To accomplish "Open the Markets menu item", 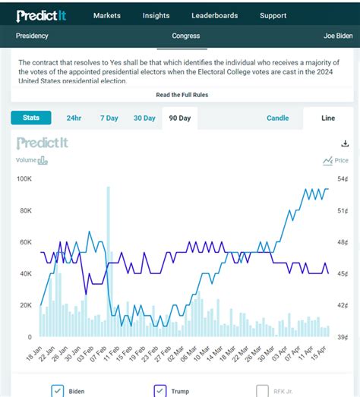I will point(107,15).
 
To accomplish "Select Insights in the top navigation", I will point(156,15).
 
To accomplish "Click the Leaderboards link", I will point(214,15).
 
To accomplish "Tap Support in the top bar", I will point(273,15).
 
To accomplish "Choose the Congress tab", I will point(185,36).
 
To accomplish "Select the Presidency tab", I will point(33,36).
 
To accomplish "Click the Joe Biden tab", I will point(339,36).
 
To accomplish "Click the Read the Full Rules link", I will point(182,95).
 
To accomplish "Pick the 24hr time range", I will point(74,118).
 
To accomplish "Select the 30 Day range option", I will point(144,118).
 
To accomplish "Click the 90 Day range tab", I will point(180,118).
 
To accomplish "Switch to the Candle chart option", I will point(278,118).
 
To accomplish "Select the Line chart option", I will point(328,118).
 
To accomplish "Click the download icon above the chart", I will point(344,143).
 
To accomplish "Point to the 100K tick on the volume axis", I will point(24,179).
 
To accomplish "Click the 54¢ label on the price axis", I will point(343,179).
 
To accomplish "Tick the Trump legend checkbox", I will point(160,391).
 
